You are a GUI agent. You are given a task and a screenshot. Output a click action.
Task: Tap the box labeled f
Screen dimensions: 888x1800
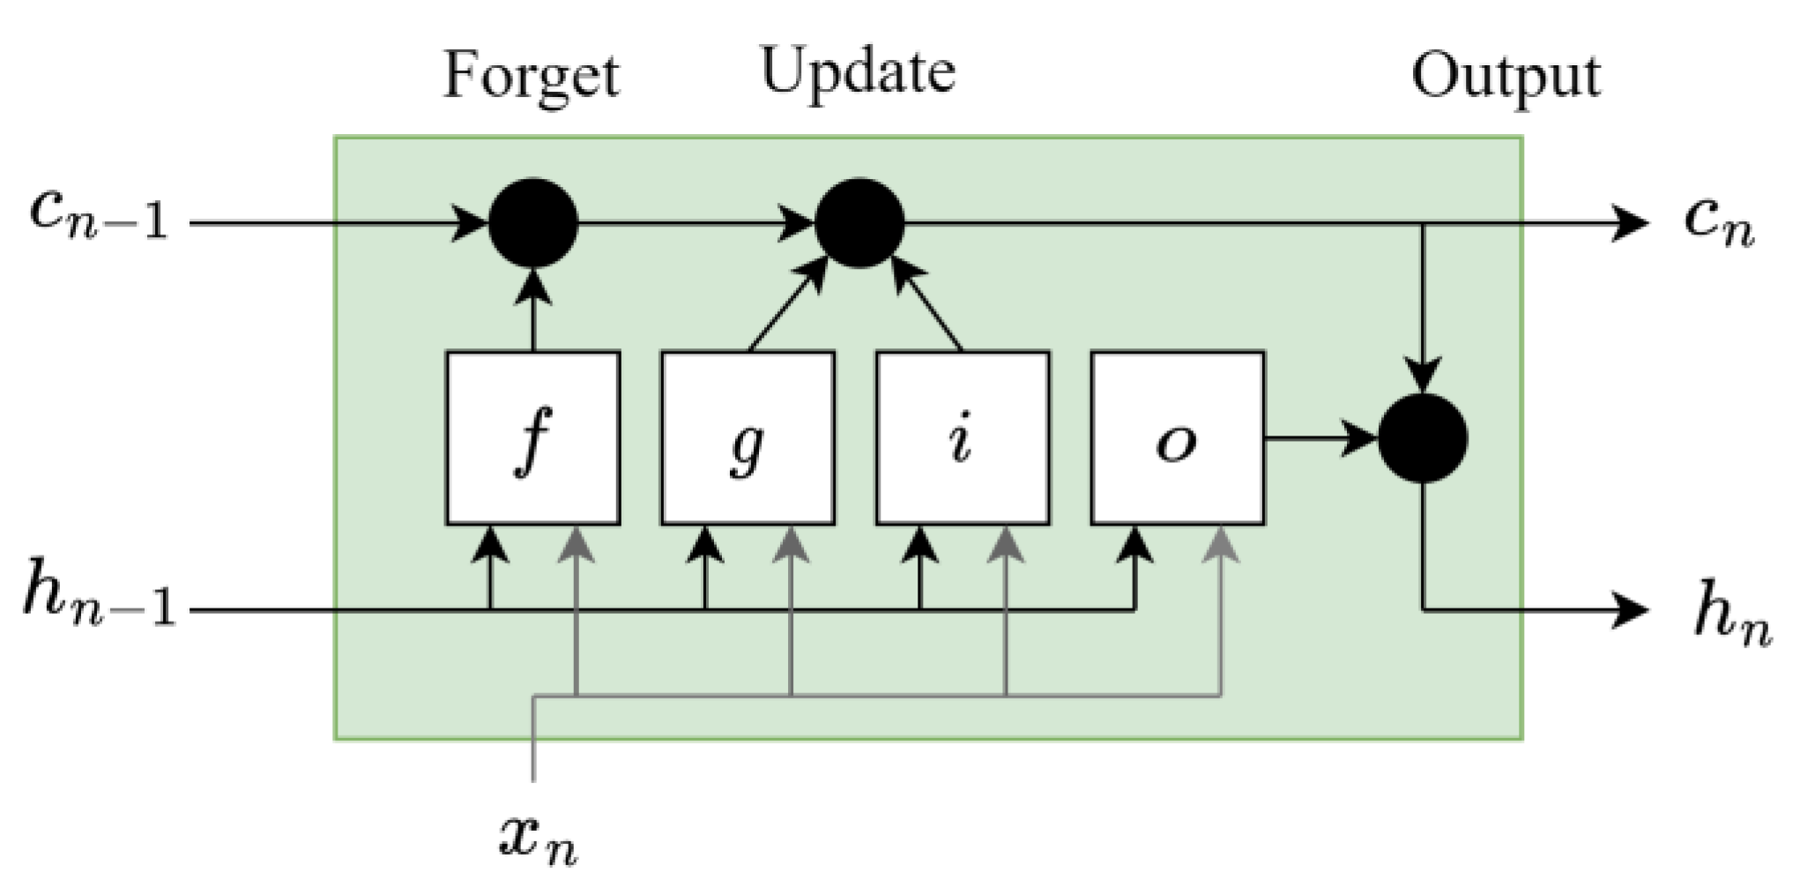pos(533,438)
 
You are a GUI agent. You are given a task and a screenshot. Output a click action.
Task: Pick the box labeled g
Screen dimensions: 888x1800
pos(748,438)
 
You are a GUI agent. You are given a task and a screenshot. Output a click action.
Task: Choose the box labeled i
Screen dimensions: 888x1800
pos(963,438)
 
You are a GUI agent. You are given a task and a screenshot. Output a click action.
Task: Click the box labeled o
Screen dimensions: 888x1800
pos(1178,438)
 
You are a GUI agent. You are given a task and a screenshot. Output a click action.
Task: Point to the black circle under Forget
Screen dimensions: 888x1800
pos(533,223)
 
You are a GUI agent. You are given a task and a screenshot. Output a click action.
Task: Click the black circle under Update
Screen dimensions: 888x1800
pos(859,223)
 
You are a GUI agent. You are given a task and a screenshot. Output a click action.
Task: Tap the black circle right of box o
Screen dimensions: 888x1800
pos(1423,438)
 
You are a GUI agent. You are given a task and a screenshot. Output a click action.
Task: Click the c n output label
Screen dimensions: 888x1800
pos(1719,220)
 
